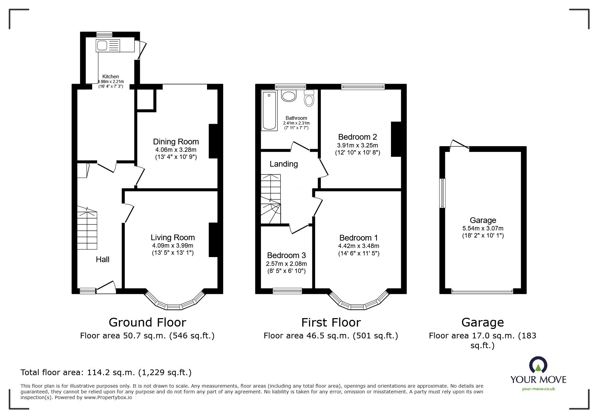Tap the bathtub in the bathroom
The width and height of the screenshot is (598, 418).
(269, 110)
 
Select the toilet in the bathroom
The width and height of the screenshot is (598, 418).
(309, 98)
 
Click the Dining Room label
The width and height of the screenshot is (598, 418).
(176, 142)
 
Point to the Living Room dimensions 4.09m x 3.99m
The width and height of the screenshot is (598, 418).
(173, 246)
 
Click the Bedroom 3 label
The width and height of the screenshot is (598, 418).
(286, 255)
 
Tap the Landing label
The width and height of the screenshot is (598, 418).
(284, 164)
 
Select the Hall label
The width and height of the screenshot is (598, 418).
(103, 259)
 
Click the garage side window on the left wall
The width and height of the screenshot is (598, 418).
(442, 193)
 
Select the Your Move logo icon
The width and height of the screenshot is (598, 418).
(538, 365)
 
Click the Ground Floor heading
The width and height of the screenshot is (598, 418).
(147, 323)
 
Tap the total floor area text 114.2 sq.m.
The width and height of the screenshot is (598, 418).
(106, 372)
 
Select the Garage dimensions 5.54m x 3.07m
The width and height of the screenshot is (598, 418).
(483, 228)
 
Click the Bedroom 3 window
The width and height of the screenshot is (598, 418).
(287, 290)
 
